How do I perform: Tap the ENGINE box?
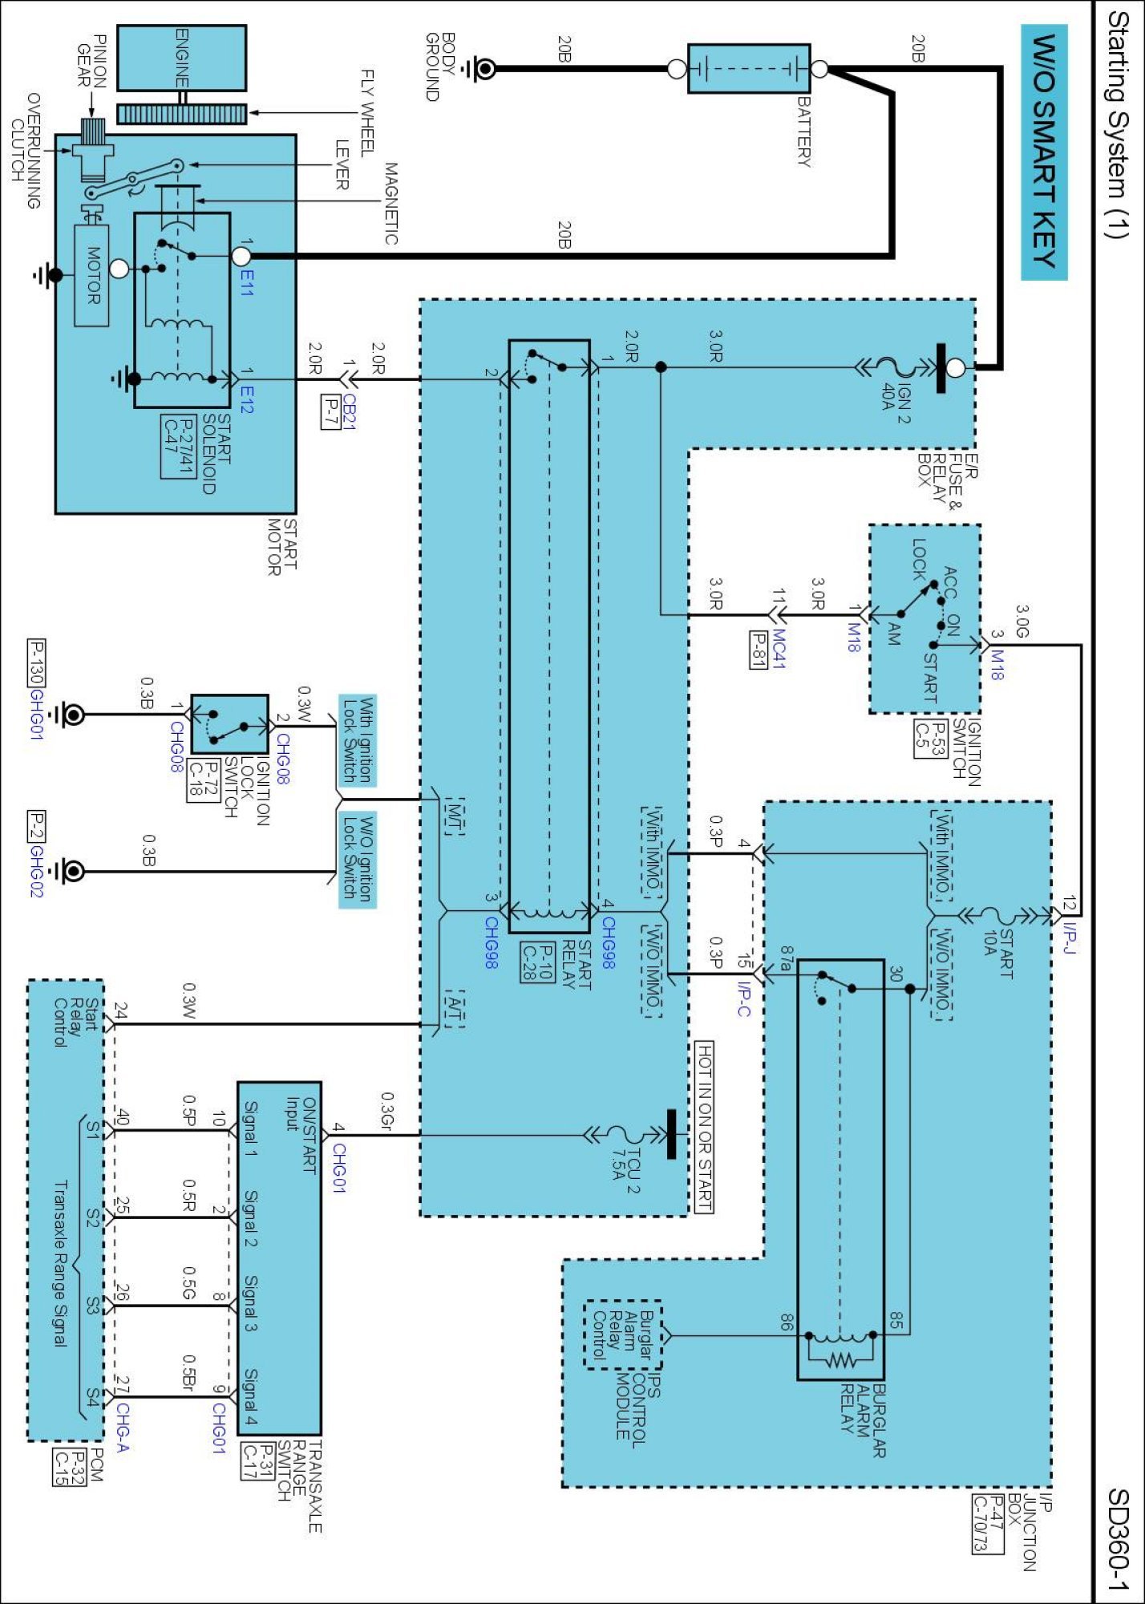pyautogui.click(x=181, y=58)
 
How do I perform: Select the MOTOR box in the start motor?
pyautogui.click(x=91, y=275)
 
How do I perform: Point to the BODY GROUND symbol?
pyautogui.click(x=483, y=69)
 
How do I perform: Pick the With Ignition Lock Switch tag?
pyautogui.click(x=357, y=740)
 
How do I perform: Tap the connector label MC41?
pyautogui.click(x=779, y=649)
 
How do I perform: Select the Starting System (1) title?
pyautogui.click(x=1118, y=124)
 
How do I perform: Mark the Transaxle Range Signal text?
pyautogui.click(x=60, y=1262)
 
